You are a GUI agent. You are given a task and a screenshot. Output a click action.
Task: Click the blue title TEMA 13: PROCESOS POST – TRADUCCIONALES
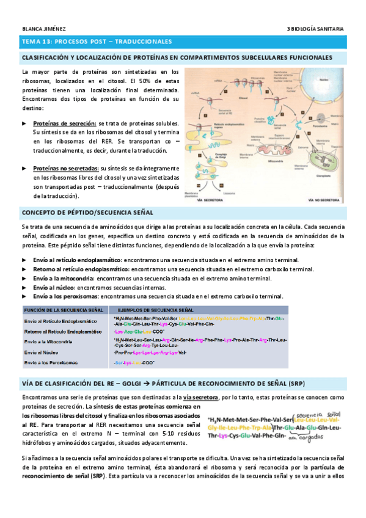pyautogui.click(x=97, y=42)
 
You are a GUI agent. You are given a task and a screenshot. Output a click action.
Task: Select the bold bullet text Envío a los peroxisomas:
pyautogui.click(x=67, y=296)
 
